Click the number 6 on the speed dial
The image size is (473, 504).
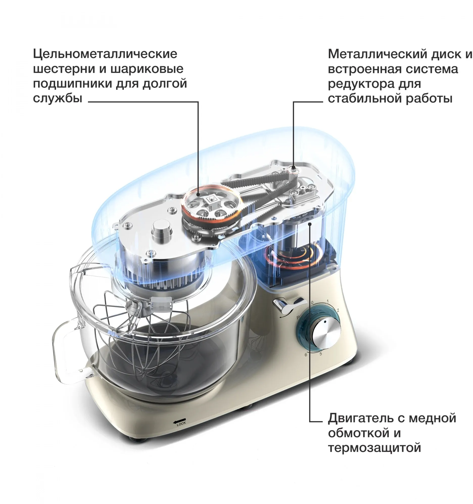tap(306, 355)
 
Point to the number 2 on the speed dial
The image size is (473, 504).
tap(338, 310)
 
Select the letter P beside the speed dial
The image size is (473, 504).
tap(298, 317)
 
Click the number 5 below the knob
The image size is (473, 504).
tap(321, 354)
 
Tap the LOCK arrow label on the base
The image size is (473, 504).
tap(179, 422)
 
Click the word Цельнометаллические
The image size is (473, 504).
tap(105, 54)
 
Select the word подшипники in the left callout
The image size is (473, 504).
tap(72, 84)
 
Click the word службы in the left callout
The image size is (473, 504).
tap(58, 98)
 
